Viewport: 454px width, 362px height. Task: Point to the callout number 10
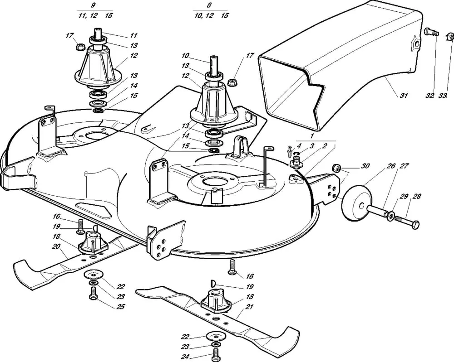coord(185,56)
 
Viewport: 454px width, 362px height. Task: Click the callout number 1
coord(311,136)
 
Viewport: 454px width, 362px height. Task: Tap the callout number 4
coord(298,145)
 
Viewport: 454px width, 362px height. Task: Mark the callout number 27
coord(403,166)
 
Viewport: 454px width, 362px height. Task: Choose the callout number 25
coord(120,307)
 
